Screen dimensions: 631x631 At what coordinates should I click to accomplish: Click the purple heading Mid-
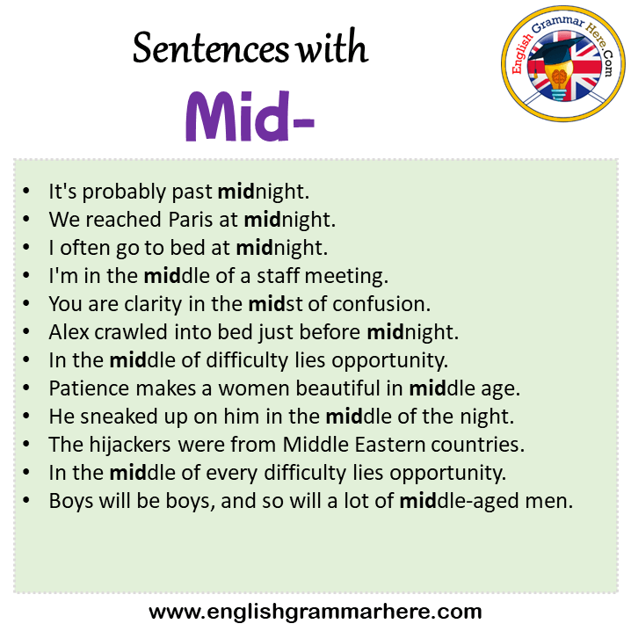(250, 116)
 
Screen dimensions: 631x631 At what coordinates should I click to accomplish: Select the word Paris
(191, 220)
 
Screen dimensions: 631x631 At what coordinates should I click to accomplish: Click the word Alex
(69, 332)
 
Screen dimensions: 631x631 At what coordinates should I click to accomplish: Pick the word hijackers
(130, 445)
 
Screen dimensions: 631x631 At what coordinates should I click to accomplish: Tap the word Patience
(89, 388)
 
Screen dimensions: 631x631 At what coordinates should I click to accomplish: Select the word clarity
(153, 305)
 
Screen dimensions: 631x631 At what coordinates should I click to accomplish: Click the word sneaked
(119, 417)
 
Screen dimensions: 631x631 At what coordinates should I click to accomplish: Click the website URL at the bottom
(315, 612)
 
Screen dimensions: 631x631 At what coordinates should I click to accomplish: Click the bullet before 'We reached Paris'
(26, 220)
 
